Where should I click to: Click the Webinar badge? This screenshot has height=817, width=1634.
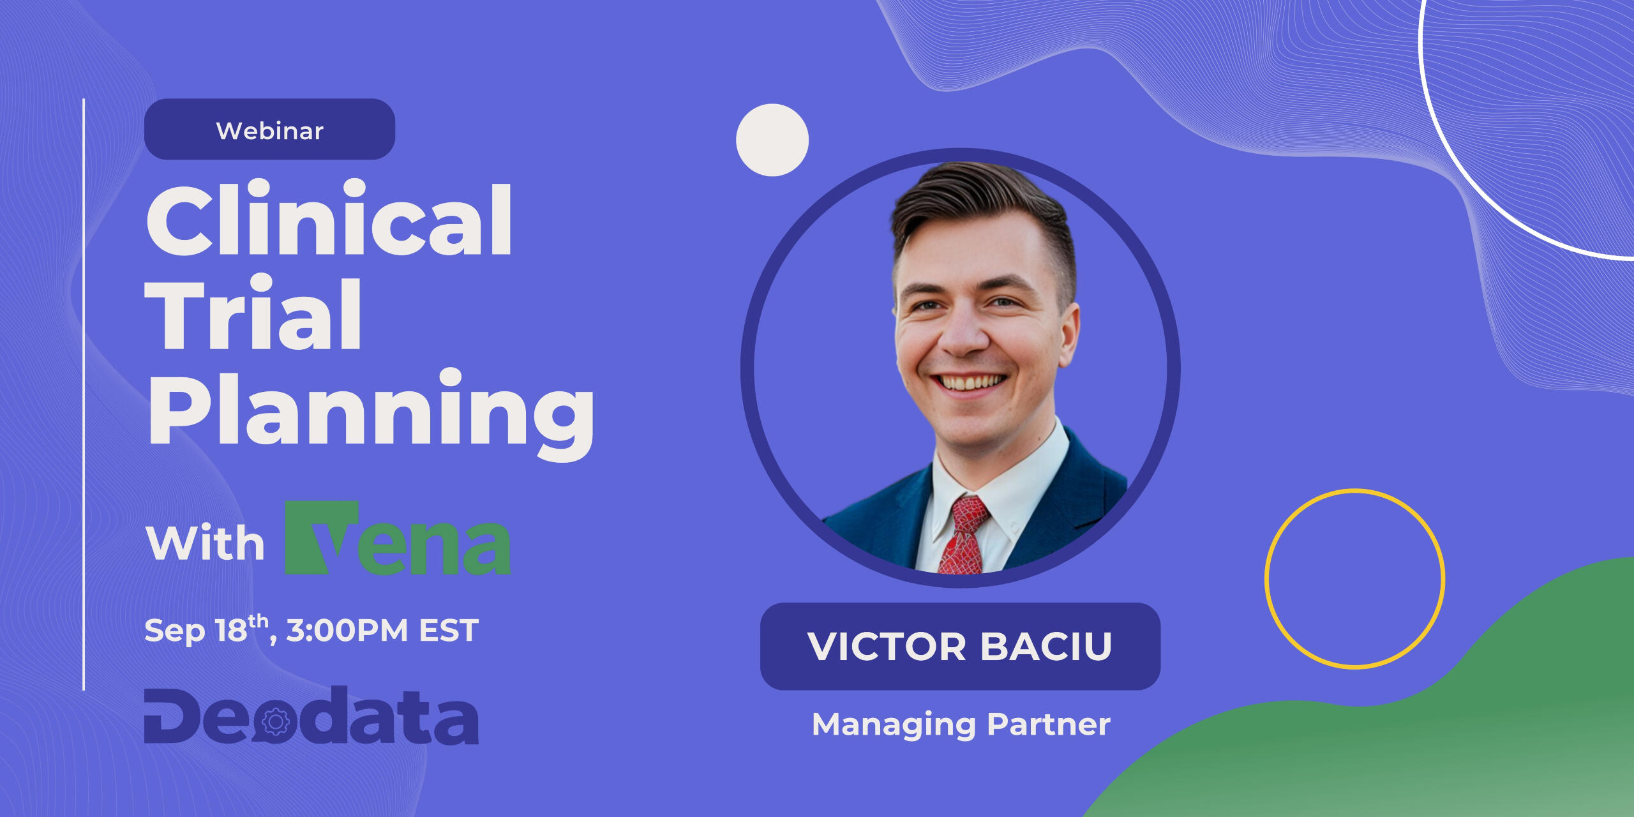(269, 129)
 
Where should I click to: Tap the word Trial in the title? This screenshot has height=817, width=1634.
(253, 313)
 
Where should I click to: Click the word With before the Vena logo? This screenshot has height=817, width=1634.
(205, 543)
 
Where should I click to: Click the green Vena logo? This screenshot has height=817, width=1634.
(397, 538)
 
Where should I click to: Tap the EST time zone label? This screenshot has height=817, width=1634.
(449, 631)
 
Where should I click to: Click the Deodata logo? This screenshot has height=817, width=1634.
(311, 716)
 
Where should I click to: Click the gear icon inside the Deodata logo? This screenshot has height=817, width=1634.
(276, 722)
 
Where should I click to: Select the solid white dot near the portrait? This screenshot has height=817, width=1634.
(772, 140)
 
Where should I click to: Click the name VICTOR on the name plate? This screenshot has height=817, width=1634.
(887, 647)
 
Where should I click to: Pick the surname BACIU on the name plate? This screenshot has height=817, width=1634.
(1047, 647)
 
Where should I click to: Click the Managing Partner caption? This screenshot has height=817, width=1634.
(961, 724)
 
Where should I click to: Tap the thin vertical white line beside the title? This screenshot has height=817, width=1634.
(84, 394)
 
